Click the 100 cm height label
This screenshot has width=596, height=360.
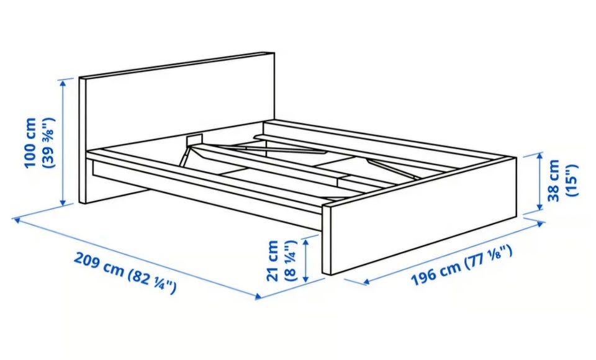(x=30, y=143)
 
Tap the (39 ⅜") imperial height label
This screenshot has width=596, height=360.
(x=49, y=143)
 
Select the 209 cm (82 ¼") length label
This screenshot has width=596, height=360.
(x=125, y=272)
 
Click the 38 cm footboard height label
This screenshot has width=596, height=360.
(x=553, y=180)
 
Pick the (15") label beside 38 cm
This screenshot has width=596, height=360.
(x=572, y=180)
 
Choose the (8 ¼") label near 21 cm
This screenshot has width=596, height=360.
(x=291, y=261)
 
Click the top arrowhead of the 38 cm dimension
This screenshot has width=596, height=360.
(x=539, y=156)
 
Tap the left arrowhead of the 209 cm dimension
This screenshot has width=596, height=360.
(x=16, y=220)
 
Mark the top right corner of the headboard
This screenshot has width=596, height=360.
(x=274, y=53)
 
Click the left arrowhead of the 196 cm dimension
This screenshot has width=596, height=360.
(x=366, y=282)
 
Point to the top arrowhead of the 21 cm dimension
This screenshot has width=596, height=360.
(x=305, y=240)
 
